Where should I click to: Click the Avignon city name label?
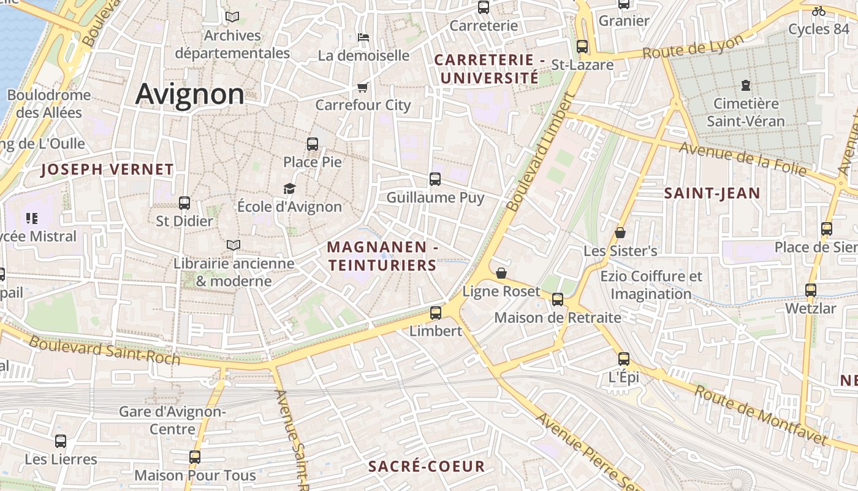click(x=189, y=95)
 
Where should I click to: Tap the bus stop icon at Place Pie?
click(x=313, y=145)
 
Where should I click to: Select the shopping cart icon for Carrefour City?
click(x=363, y=88)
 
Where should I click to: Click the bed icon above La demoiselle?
click(x=363, y=37)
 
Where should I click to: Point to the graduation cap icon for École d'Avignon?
click(x=289, y=189)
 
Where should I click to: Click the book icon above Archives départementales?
click(x=232, y=17)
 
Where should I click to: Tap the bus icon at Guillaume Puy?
click(x=435, y=179)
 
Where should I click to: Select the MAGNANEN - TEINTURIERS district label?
click(x=382, y=256)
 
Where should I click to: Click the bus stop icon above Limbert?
click(x=436, y=313)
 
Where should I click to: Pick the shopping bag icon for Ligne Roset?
click(x=501, y=273)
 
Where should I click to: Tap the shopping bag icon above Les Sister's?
click(x=620, y=233)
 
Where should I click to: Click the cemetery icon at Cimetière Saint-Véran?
click(x=746, y=85)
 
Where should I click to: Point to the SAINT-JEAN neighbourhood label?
click(x=712, y=193)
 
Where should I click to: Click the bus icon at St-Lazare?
click(x=582, y=47)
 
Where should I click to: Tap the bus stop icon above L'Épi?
click(x=624, y=360)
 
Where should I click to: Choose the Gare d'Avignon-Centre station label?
click(x=172, y=420)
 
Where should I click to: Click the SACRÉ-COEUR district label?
click(x=427, y=466)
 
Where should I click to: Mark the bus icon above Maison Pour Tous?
click(x=195, y=457)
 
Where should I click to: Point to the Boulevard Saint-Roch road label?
click(x=104, y=350)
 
